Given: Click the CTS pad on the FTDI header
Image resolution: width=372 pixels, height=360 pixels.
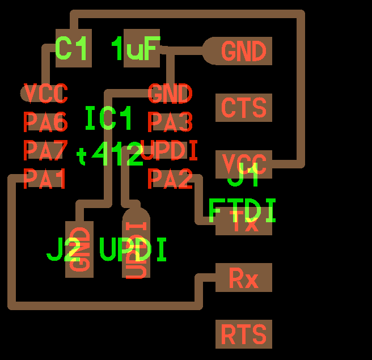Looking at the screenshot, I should pyautogui.click(x=244, y=108).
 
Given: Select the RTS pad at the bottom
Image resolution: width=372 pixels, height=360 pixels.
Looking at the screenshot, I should pyautogui.click(x=244, y=334).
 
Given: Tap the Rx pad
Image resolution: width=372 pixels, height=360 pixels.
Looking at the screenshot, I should pyautogui.click(x=244, y=278).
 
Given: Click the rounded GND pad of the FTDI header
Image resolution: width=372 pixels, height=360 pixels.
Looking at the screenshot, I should pyautogui.click(x=241, y=52).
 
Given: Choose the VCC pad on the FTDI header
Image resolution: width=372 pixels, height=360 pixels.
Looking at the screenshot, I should pyautogui.click(x=244, y=164).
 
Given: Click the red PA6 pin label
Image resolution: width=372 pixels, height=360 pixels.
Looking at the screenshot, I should pyautogui.click(x=45, y=122).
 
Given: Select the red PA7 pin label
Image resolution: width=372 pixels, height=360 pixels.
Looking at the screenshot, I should pyautogui.click(x=45, y=151).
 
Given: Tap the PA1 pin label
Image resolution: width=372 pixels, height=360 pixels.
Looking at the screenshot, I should pyautogui.click(x=45, y=179).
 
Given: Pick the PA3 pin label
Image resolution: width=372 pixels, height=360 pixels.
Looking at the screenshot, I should pyautogui.click(x=170, y=122).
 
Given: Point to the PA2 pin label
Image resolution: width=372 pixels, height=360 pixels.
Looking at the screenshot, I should pyautogui.click(x=170, y=179).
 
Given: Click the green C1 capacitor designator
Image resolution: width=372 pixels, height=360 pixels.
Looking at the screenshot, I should pyautogui.click(x=73, y=49).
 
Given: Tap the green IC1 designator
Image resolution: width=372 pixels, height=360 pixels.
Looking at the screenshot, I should pyautogui.click(x=108, y=119).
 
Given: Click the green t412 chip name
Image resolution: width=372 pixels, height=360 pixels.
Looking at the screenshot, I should pyautogui.click(x=110, y=155).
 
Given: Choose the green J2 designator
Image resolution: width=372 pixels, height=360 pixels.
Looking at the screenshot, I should pyautogui.click(x=64, y=250).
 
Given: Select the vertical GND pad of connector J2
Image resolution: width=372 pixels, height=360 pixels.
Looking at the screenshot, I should pyautogui.click(x=79, y=249).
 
